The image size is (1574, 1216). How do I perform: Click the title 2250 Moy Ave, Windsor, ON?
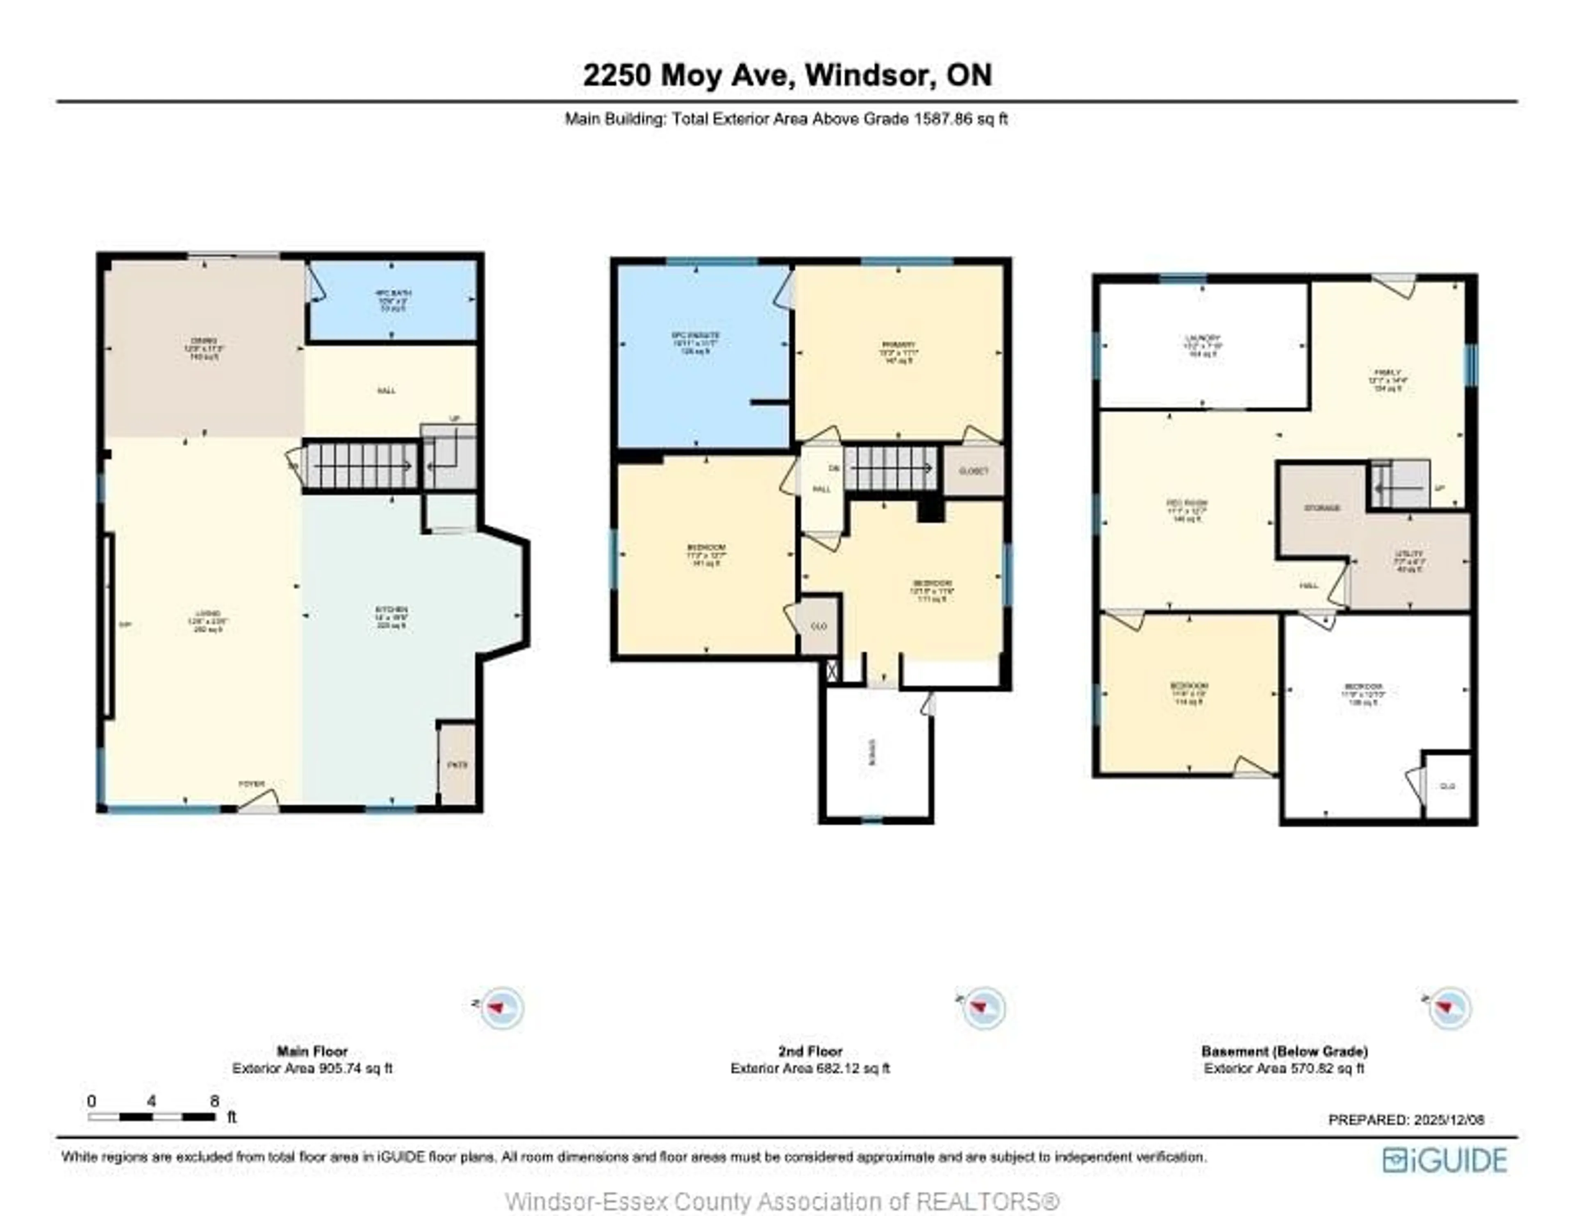coord(787,75)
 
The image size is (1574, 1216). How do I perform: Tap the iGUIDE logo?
coord(1444,1160)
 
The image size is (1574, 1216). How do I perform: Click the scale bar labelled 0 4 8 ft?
coord(152,1116)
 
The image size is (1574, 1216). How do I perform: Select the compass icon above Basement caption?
coord(1449,1007)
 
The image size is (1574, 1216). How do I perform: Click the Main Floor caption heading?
coord(312,1051)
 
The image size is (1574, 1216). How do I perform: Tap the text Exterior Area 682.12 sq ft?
coord(810,1068)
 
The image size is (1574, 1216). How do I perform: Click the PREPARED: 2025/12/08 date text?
coord(1406,1119)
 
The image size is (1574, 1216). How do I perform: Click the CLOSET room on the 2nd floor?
coord(973,470)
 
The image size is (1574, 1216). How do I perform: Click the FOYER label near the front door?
coord(252,784)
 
